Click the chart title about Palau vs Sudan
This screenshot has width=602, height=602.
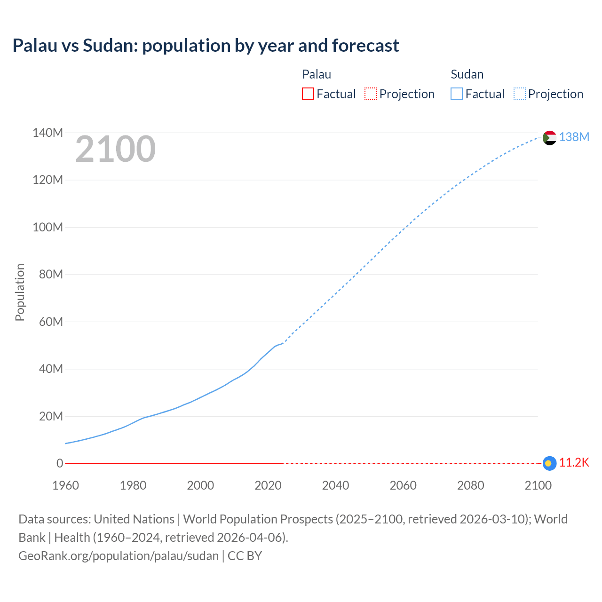[x=206, y=46]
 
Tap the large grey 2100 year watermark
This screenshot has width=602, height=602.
[x=115, y=149]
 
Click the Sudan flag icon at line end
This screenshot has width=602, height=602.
[x=549, y=138]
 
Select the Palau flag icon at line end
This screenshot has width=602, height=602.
[x=549, y=463]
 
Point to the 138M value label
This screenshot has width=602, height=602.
[x=574, y=137]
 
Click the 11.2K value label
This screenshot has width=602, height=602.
[x=574, y=462]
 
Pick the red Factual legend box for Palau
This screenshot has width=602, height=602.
[x=308, y=94]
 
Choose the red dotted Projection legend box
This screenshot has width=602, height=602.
[x=371, y=94]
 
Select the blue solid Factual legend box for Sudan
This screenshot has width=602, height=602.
[x=456, y=94]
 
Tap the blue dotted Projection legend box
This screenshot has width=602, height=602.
[x=519, y=94]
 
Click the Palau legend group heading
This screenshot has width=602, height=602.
[x=317, y=74]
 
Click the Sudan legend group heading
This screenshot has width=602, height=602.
[x=467, y=74]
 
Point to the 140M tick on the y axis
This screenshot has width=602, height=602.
[x=48, y=133]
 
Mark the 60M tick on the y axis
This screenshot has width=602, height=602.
[x=51, y=322]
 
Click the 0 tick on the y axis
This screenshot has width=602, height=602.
[x=59, y=463]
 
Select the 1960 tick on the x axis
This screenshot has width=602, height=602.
[x=65, y=485]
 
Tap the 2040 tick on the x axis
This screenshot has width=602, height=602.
[x=335, y=485]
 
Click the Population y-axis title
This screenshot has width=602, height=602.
[x=20, y=292]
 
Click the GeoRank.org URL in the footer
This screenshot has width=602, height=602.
[x=119, y=556]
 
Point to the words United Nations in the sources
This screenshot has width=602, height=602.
[x=134, y=519]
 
